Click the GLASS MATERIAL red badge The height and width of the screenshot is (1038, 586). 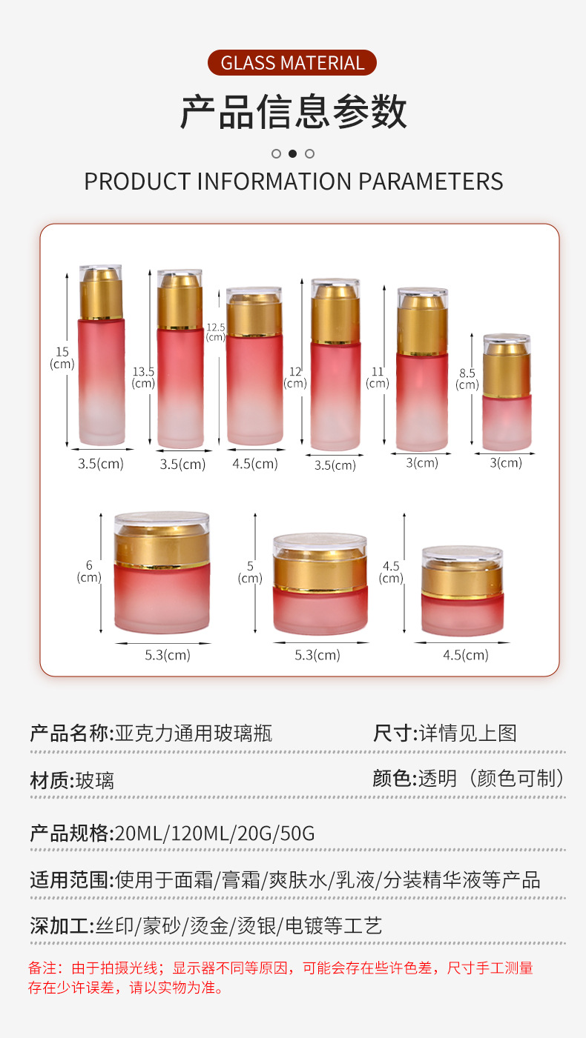292,62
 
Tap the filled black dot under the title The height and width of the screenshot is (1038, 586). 293,153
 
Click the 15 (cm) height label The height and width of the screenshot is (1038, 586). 62,358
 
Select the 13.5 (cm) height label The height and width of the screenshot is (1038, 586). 143,377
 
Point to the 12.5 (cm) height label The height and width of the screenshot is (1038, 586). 216,332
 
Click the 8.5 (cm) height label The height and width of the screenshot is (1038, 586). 467,379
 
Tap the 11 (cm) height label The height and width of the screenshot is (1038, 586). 378,378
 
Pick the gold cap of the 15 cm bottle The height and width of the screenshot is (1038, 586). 102,294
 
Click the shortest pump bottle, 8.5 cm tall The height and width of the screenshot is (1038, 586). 507,392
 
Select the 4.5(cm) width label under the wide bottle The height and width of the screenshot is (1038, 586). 255,463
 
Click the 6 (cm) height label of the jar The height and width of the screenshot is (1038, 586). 88,571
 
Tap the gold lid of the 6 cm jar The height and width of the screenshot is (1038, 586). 162,546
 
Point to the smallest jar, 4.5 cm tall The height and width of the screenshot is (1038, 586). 463,590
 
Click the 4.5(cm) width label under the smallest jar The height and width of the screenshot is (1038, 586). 466,655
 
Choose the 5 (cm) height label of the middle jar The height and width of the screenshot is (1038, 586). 250,572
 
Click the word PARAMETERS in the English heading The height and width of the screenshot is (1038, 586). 430,182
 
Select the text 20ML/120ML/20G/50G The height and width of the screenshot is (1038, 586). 215,834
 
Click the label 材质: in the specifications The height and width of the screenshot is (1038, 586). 53,780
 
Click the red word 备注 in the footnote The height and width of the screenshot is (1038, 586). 42,968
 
